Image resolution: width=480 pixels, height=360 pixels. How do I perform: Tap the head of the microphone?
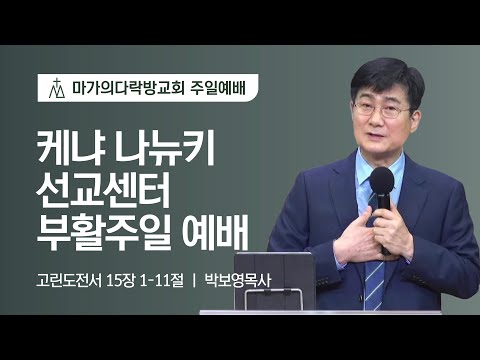click(382, 180)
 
